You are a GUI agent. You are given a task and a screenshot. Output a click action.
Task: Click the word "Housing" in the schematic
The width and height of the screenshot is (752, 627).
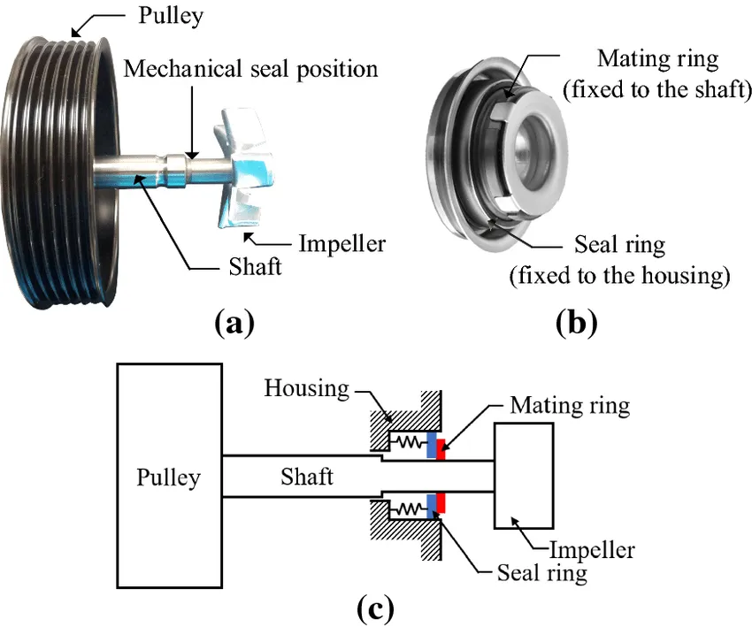305,390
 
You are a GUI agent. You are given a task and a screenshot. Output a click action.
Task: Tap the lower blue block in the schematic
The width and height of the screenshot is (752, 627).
431,504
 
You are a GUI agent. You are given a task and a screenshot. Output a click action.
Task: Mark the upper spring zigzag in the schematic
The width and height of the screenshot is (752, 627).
408,441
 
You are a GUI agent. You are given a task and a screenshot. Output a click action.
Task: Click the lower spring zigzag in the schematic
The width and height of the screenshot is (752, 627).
408,509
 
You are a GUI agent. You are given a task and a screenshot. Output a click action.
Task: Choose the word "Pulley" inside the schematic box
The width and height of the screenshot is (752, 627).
168,478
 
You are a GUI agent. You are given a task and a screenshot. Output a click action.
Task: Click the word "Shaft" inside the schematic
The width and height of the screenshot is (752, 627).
307,477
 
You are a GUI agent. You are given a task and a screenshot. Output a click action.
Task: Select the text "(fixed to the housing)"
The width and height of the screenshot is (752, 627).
619,277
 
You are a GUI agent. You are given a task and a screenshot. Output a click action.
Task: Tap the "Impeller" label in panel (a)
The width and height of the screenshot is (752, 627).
341,241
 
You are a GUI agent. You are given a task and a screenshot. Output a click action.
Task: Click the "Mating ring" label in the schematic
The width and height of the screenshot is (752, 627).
570,406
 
